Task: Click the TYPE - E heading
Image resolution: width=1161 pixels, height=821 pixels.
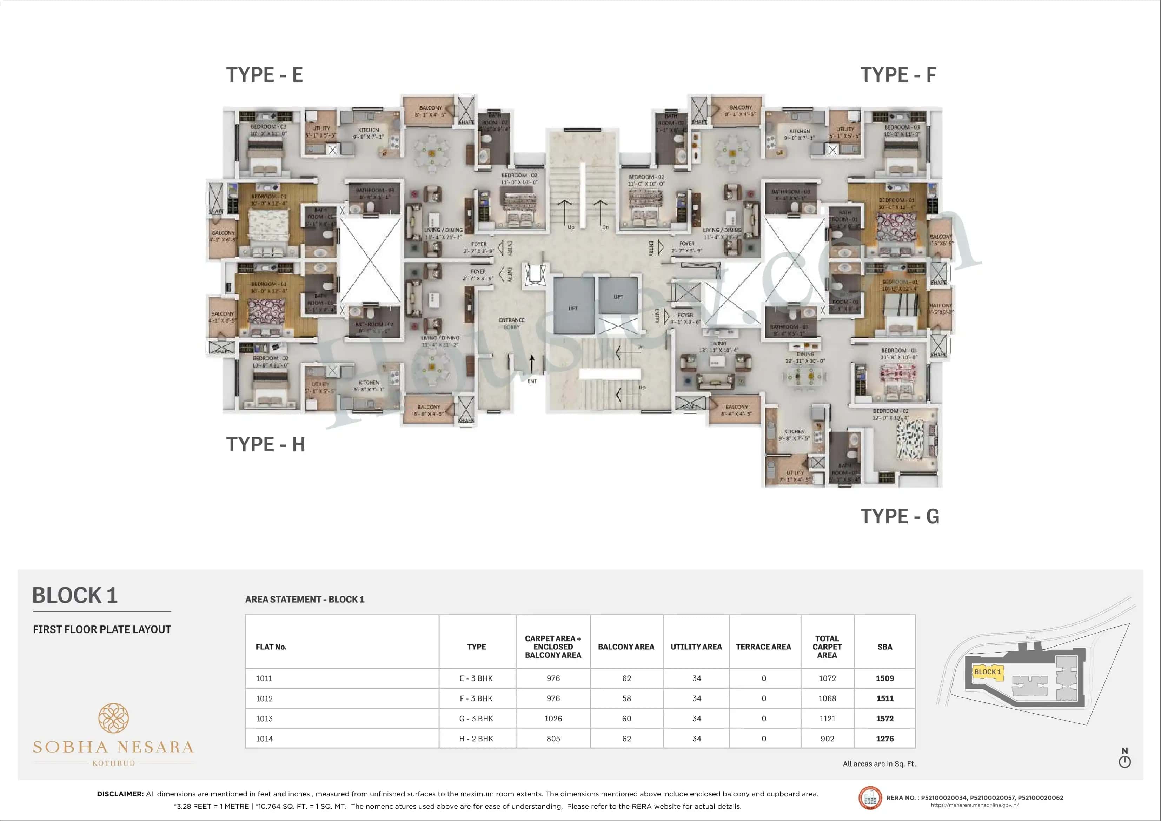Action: click(265, 75)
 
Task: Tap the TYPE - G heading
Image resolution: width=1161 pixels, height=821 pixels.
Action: click(900, 516)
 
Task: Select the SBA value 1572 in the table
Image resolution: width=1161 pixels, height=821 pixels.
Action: click(884, 718)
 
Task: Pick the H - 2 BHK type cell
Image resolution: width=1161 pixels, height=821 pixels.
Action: click(476, 739)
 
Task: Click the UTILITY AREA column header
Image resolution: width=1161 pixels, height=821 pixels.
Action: click(696, 647)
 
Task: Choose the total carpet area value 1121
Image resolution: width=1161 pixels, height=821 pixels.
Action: click(827, 718)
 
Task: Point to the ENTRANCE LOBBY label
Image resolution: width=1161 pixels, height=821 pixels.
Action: click(511, 323)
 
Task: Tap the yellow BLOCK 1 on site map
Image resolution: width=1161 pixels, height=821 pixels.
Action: click(987, 672)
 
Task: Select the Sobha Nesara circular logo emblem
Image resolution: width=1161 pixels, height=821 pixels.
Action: click(113, 718)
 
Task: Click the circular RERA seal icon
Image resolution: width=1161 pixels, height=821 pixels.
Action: click(870, 798)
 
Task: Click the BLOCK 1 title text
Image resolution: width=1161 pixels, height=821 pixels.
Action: click(75, 595)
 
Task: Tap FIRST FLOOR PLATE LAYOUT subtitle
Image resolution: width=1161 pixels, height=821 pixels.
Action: click(102, 629)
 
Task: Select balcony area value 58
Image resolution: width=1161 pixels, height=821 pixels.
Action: click(626, 698)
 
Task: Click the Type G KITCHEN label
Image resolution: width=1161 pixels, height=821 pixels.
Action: click(794, 431)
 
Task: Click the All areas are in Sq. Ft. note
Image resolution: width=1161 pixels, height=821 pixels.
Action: click(879, 764)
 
